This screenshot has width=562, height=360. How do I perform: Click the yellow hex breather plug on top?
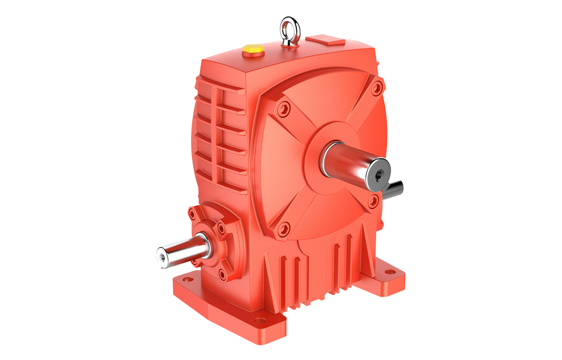click(x=252, y=49)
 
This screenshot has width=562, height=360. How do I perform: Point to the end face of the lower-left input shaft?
click(x=164, y=259)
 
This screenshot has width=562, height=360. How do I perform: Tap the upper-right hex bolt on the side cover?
click(x=376, y=88)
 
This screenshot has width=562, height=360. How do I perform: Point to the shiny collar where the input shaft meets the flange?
click(x=202, y=245)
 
